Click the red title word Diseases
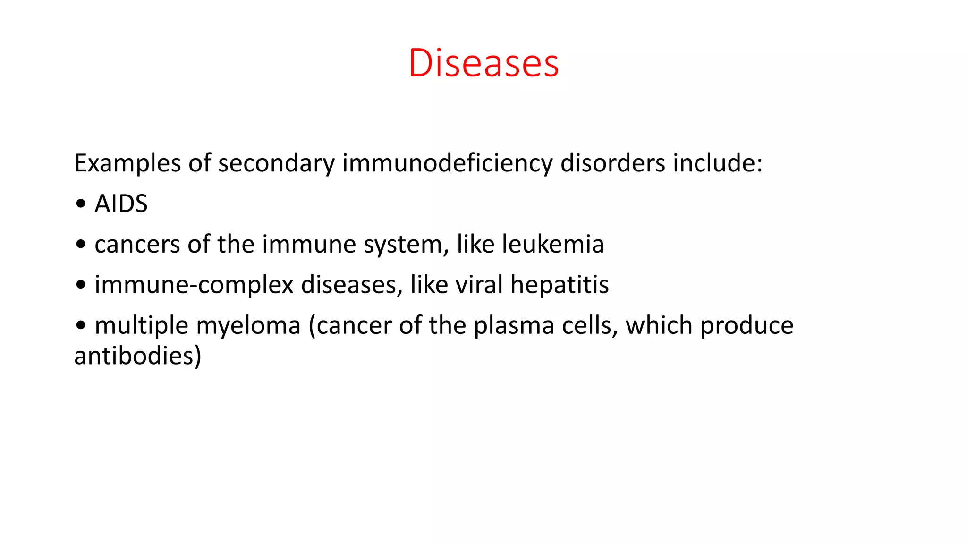coord(483,63)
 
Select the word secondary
coord(276,163)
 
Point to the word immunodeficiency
coord(447,163)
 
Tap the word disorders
coord(612,163)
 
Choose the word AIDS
coord(121,204)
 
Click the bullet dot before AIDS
coord(81,204)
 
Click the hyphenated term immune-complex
coord(194,285)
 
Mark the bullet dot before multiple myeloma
coord(81,325)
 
